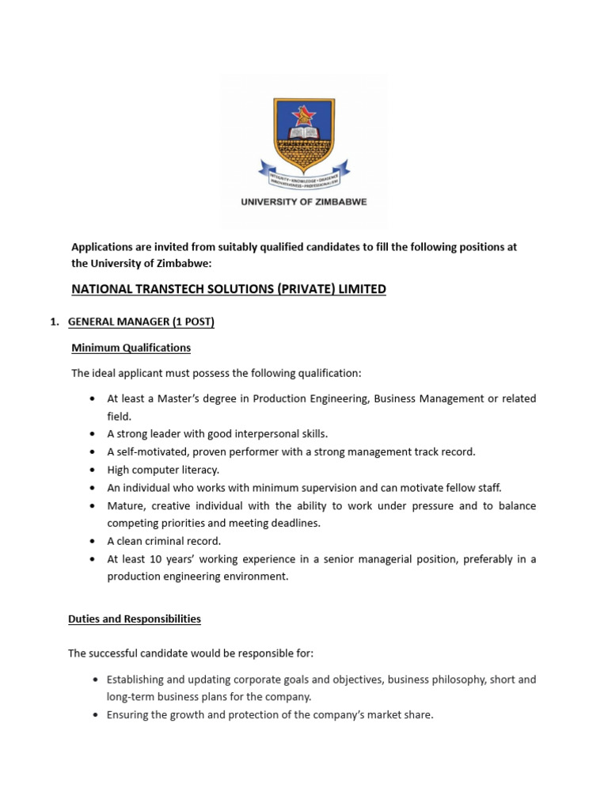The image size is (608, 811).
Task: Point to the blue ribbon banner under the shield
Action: coord(304,172)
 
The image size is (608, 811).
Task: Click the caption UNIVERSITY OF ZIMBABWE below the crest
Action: coord(304,202)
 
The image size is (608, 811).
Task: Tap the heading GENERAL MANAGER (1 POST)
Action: coord(141,322)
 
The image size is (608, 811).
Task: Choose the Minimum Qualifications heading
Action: coord(131,348)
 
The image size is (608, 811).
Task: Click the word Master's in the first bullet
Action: coord(192,398)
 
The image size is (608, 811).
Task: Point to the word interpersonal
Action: coord(248,434)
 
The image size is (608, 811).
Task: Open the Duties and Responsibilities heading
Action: coord(135,619)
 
